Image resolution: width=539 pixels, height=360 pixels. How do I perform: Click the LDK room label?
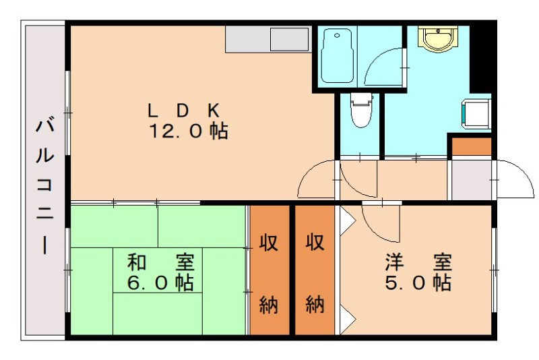point(183,111)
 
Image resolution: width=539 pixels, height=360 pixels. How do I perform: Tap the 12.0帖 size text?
point(189,131)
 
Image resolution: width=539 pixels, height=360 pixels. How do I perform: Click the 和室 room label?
point(161,262)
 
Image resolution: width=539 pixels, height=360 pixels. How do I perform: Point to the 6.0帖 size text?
point(160,282)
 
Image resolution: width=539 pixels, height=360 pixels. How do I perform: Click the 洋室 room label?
point(418,262)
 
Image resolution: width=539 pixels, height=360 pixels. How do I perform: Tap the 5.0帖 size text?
point(418,282)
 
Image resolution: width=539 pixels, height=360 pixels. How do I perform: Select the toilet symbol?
point(361,110)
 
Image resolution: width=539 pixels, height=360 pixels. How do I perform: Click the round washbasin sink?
point(438,38)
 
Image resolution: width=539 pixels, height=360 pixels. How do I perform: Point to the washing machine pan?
point(476,113)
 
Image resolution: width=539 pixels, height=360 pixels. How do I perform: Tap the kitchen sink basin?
point(290,39)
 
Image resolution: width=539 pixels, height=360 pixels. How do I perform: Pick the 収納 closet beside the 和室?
point(269,270)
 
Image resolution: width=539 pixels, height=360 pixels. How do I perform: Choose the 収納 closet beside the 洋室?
point(315,270)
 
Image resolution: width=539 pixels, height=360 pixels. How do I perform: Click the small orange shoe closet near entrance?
point(471,147)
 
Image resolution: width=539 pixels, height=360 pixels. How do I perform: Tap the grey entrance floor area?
point(471,180)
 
